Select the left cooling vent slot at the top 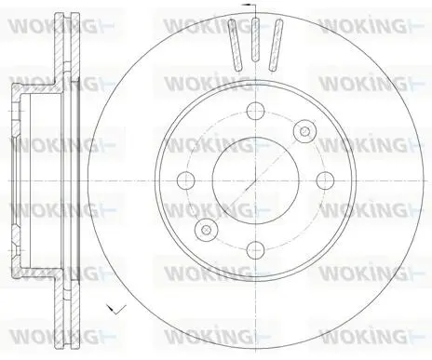click(x=235, y=45)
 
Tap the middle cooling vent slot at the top click(x=255, y=40)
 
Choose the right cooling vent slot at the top click(x=276, y=45)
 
